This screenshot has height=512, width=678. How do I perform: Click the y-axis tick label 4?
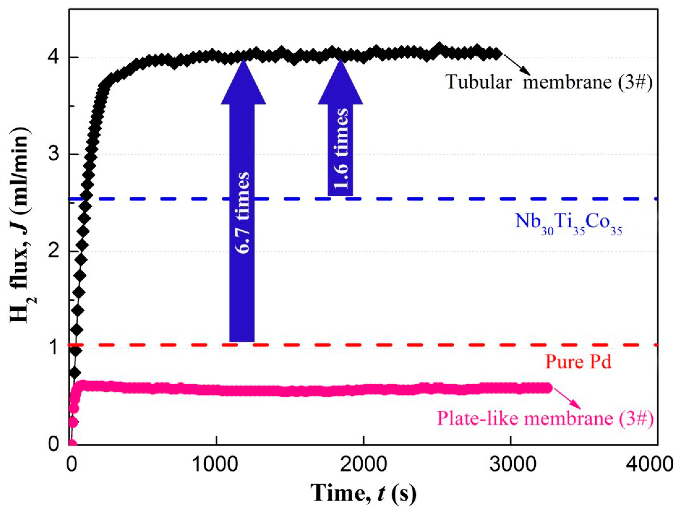[54, 58]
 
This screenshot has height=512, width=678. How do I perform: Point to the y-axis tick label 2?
[54, 251]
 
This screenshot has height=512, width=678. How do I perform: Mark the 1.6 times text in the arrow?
[340, 149]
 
